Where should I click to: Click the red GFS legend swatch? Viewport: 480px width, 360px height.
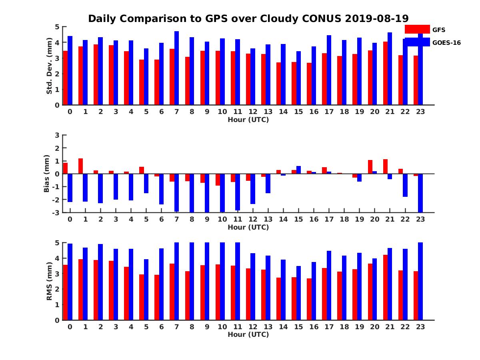tap(417, 29)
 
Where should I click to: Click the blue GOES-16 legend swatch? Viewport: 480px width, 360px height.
tap(417, 42)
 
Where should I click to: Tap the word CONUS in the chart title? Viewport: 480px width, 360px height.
tap(323, 18)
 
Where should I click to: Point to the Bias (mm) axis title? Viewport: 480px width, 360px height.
tap(47, 174)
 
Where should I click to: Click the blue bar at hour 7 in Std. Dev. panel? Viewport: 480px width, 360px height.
tap(176, 68)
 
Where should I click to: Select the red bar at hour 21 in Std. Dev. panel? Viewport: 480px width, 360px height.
tap(385, 73)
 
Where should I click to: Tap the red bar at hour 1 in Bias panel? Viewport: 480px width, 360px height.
tap(80, 166)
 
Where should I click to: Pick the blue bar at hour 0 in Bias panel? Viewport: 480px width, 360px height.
tap(70, 188)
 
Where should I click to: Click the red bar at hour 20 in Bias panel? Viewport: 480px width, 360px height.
tap(370, 167)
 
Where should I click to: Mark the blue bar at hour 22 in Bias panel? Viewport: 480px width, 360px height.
tap(405, 185)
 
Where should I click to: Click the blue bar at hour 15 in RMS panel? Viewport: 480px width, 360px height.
tap(298, 293)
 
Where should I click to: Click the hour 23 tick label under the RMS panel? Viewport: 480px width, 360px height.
tap(420, 326)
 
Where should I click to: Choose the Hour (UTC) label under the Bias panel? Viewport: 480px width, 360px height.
tap(248, 227)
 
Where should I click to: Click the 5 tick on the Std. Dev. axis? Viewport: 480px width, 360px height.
tap(58, 27)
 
